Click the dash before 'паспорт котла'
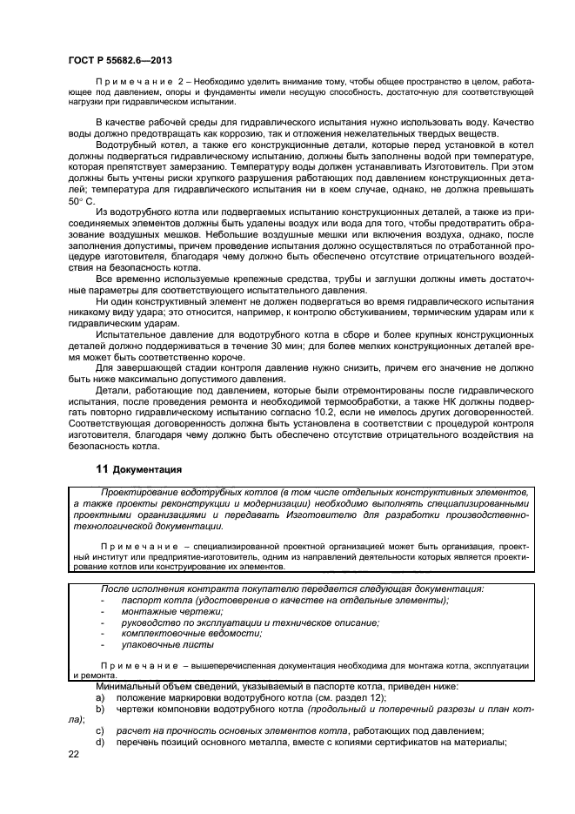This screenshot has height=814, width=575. tap(104, 601)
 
